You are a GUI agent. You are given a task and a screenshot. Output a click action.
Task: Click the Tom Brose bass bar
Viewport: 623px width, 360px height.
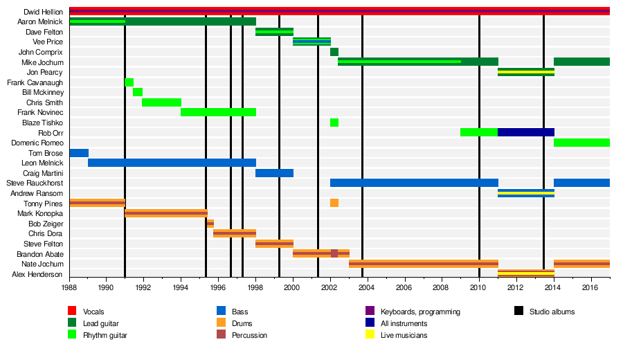tap(79, 153)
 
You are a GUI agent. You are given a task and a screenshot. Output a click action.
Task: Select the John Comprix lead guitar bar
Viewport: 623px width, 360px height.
tap(334, 52)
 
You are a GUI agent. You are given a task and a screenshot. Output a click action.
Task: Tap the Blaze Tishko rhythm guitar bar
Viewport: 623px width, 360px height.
tap(334, 123)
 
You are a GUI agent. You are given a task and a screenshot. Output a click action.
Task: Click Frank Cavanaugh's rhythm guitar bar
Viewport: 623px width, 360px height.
tap(129, 82)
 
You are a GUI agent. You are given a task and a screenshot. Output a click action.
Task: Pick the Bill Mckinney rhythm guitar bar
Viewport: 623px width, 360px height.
tap(138, 92)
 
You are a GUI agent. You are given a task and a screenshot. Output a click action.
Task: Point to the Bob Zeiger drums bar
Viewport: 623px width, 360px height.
tap(210, 224)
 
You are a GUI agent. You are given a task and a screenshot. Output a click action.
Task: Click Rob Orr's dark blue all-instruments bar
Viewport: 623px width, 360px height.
tap(525, 132)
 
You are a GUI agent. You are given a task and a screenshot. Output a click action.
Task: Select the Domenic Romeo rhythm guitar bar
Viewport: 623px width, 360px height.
tap(581, 143)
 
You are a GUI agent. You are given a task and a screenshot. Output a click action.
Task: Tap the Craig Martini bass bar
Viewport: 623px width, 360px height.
tap(274, 173)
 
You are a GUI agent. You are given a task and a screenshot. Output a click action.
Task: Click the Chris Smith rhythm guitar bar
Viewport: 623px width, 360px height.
tap(161, 102)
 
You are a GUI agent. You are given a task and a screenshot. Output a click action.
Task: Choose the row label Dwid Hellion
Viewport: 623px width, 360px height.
tap(43, 12)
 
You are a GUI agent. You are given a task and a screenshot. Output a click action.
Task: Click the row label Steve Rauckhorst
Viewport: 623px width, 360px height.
tap(35, 183)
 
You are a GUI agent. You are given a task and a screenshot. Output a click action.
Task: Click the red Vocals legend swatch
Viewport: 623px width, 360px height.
tap(71, 312)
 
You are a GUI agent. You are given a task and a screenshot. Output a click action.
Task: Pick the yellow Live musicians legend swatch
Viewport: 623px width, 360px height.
tap(370, 335)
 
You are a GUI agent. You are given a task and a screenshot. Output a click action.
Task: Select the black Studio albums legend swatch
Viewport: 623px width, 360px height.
tap(518, 312)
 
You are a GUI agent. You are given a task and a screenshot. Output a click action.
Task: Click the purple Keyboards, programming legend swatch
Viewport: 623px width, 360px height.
tap(370, 312)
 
